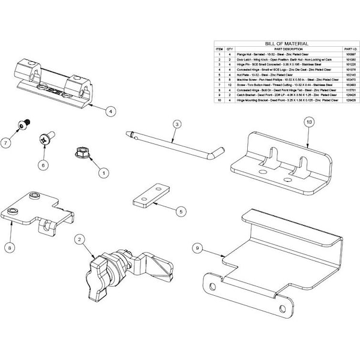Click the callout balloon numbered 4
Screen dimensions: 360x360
pos(111,111)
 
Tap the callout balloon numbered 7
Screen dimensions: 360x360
pos(5,143)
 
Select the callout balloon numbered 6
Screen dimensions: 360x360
pos(43,164)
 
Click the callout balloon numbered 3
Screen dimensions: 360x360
pos(177,124)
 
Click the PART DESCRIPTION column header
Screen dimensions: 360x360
pos(287,49)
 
